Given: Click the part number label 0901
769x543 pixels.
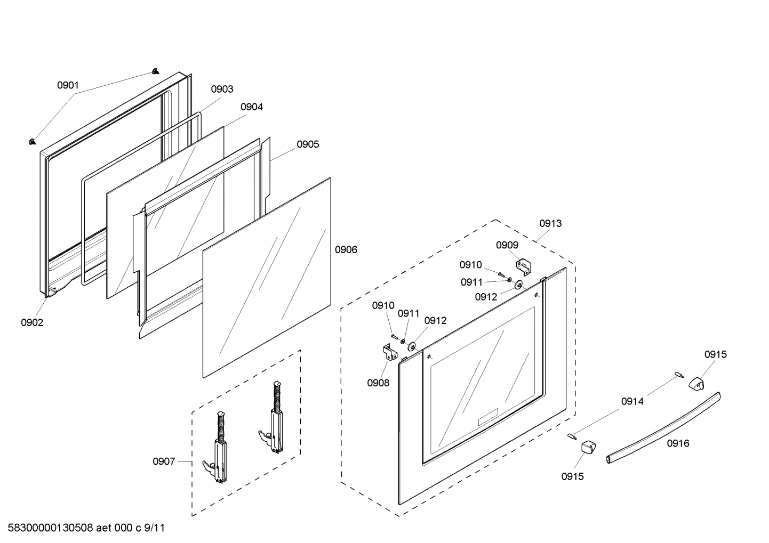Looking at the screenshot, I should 68,85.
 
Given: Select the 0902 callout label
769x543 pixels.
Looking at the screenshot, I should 32,322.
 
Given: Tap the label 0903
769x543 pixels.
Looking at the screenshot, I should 222,89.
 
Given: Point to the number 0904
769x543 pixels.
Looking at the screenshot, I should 252,107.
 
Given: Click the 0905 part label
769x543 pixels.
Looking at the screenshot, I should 308,144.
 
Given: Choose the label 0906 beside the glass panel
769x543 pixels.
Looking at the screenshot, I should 346,249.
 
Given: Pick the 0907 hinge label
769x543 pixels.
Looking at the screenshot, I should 164,461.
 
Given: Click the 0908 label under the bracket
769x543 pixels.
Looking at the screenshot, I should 378,383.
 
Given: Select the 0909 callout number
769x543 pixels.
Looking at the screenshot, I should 507,245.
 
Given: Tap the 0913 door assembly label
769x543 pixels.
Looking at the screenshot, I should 550,223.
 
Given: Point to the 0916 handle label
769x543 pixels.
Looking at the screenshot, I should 678,443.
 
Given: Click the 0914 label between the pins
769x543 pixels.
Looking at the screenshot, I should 632,401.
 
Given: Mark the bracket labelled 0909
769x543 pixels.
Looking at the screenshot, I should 523,267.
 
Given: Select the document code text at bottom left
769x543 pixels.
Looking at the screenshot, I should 86,528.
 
